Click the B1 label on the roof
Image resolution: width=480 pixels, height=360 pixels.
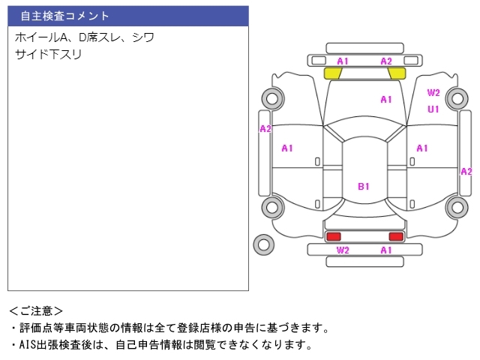[x=364, y=187]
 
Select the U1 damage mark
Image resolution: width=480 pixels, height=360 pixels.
[x=433, y=109]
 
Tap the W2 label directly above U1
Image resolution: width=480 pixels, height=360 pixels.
[x=433, y=92]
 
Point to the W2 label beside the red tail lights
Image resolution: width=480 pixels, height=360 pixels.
[x=343, y=250]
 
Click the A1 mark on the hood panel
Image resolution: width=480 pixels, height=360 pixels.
[x=386, y=100]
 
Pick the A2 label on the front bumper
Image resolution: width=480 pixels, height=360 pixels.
[x=386, y=61]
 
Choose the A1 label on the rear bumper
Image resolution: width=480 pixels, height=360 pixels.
[x=386, y=250]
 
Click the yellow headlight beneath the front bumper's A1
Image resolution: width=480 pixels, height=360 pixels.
[x=332, y=73]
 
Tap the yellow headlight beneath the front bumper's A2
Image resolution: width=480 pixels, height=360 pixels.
[x=397, y=73]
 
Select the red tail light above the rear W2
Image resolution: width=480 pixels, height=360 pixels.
[x=333, y=236]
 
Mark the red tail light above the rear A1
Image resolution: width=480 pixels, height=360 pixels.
[x=396, y=236]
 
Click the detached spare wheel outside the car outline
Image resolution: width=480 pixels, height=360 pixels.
[x=263, y=244]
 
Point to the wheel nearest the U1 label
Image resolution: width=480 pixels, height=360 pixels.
[x=457, y=98]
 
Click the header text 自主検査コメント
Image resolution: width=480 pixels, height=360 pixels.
[x=65, y=16]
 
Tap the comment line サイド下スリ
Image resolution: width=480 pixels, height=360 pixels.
[x=48, y=55]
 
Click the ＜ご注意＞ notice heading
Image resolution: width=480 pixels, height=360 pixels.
[x=36, y=311]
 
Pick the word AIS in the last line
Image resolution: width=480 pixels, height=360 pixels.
[x=28, y=345]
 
